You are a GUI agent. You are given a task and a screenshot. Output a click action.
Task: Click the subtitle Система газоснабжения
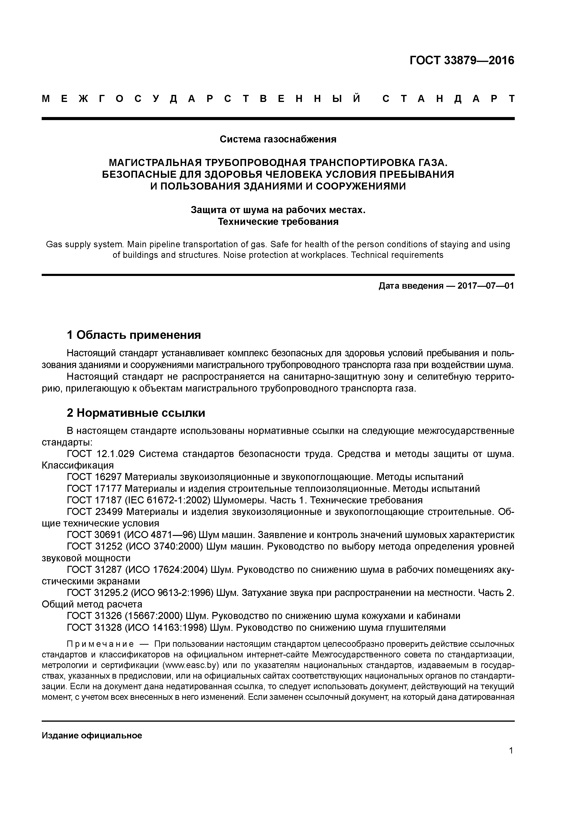tap(278, 139)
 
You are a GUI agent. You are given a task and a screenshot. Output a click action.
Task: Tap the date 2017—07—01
tap(486, 286)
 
